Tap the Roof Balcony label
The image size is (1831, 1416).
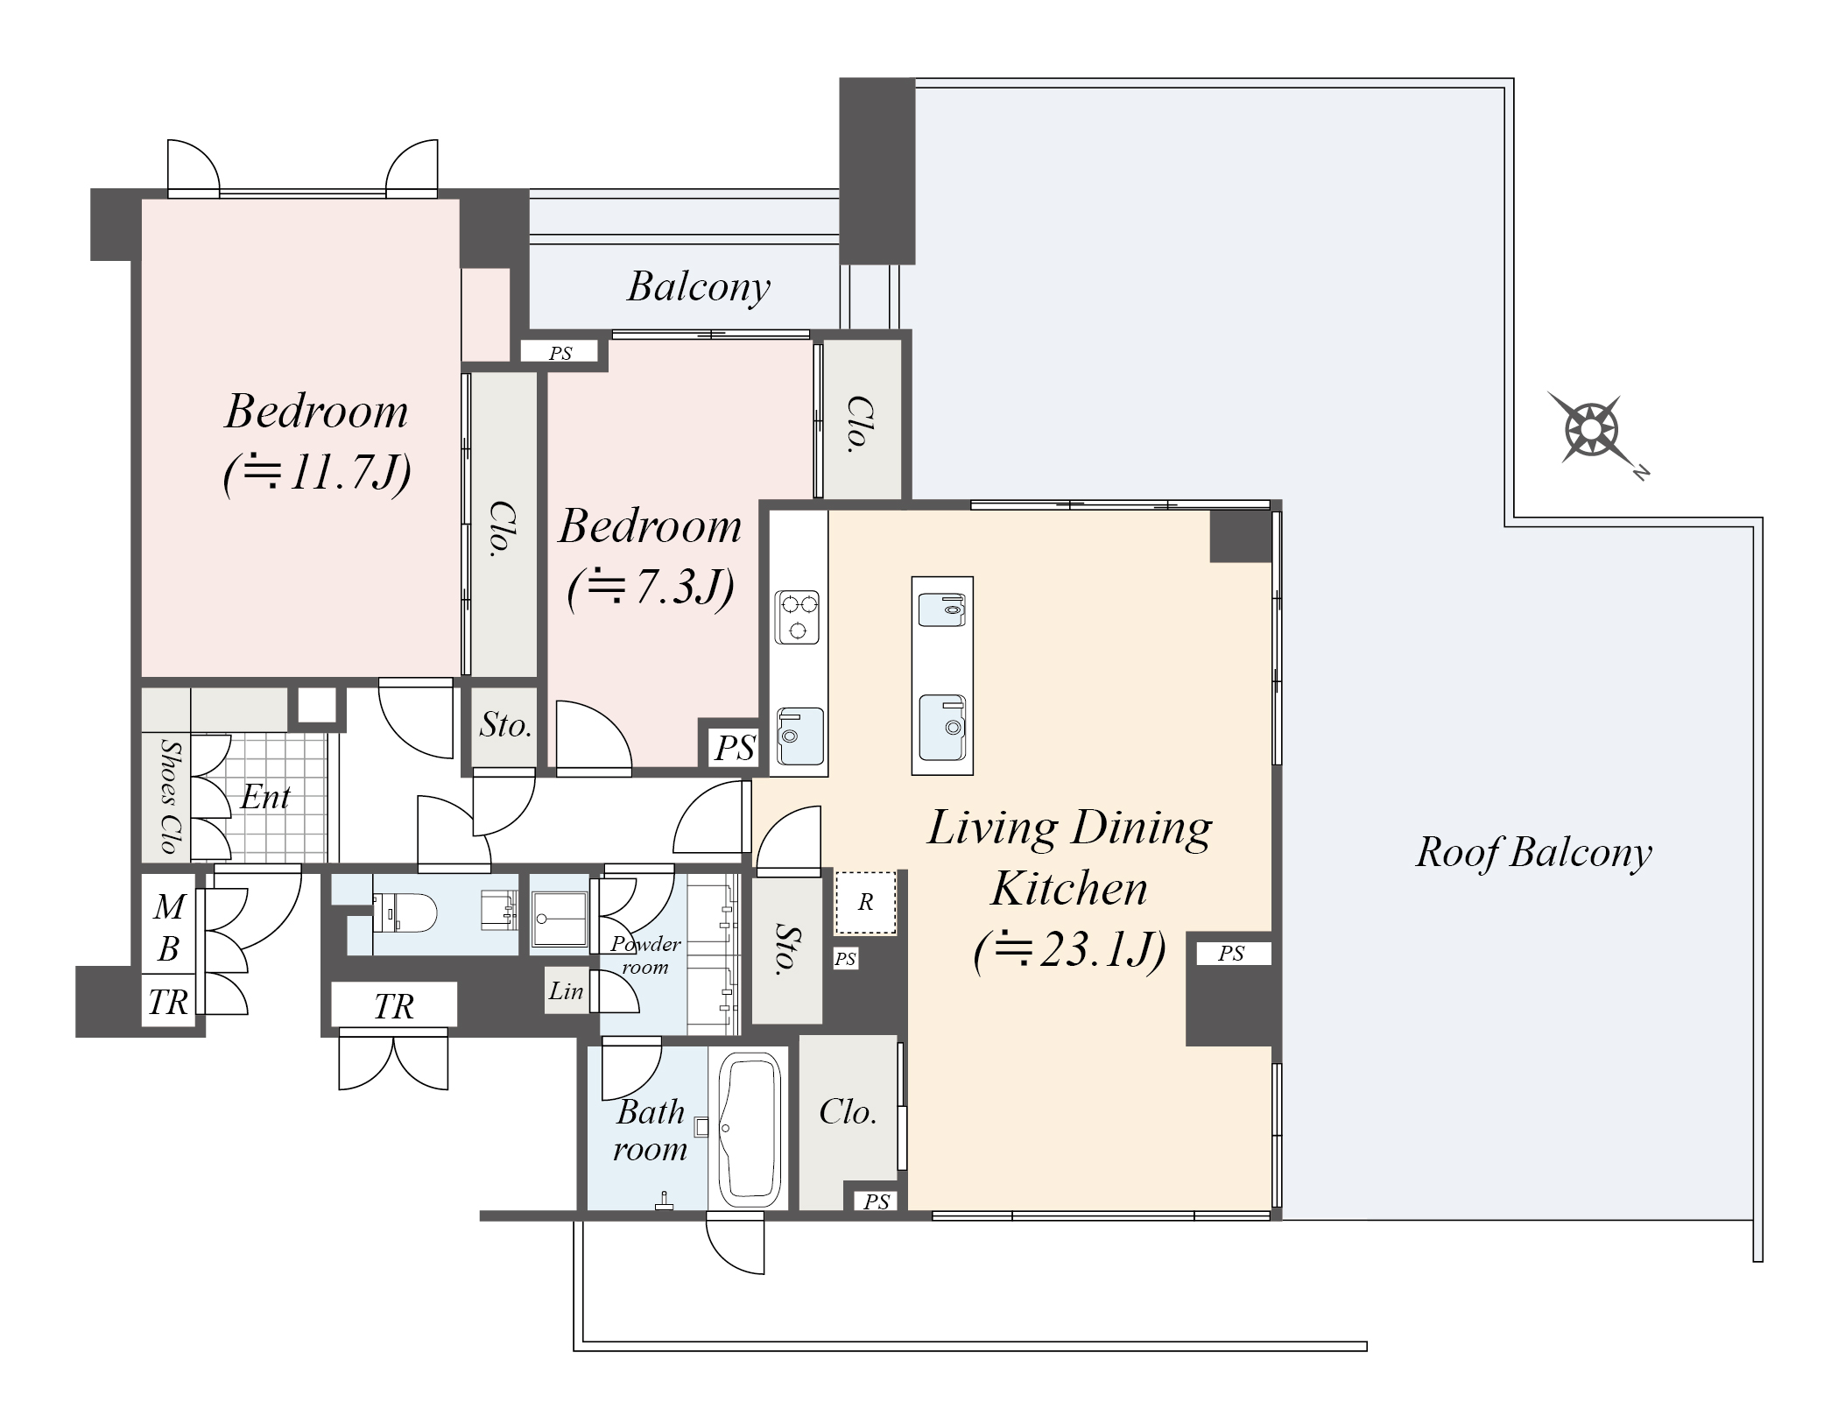click(1534, 852)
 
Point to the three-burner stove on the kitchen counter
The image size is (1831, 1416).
click(797, 617)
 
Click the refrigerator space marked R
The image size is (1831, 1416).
click(865, 903)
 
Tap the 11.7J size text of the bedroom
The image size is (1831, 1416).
click(317, 474)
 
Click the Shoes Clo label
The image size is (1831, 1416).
click(170, 795)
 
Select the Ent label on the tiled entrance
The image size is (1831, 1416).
click(265, 797)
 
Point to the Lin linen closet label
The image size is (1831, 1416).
click(566, 990)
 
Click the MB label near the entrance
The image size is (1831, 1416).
click(168, 927)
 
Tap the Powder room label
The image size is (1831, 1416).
click(645, 955)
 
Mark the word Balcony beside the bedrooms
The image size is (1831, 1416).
click(699, 286)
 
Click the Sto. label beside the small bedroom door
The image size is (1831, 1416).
click(505, 725)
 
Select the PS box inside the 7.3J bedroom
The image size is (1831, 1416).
click(734, 747)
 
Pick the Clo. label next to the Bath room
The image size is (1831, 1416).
click(848, 1112)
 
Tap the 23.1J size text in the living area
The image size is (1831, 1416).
click(1069, 950)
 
